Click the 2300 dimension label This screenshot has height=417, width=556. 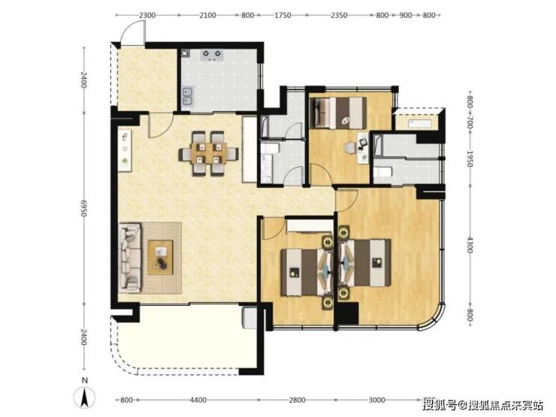(x=147, y=15)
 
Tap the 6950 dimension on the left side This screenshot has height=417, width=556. (x=83, y=208)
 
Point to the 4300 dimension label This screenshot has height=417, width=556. (x=470, y=245)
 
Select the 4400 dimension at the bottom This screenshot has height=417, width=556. (x=198, y=400)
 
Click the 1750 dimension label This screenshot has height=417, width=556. (x=283, y=15)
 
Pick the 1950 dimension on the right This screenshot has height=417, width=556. (x=470, y=159)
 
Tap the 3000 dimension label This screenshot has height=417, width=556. (x=376, y=400)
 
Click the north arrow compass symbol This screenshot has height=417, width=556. (x=84, y=397)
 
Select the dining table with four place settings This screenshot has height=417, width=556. (x=208, y=153)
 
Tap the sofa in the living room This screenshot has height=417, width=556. (x=130, y=258)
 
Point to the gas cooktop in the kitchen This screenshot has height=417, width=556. (x=212, y=55)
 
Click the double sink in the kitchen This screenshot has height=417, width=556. (x=187, y=97)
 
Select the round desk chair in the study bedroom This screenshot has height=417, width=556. (x=350, y=148)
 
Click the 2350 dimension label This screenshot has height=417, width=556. (x=339, y=15)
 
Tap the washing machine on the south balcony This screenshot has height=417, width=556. (x=249, y=318)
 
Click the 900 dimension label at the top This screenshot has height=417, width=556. (x=406, y=15)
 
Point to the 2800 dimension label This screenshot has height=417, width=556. (x=297, y=400)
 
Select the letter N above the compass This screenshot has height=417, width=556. (x=84, y=381)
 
